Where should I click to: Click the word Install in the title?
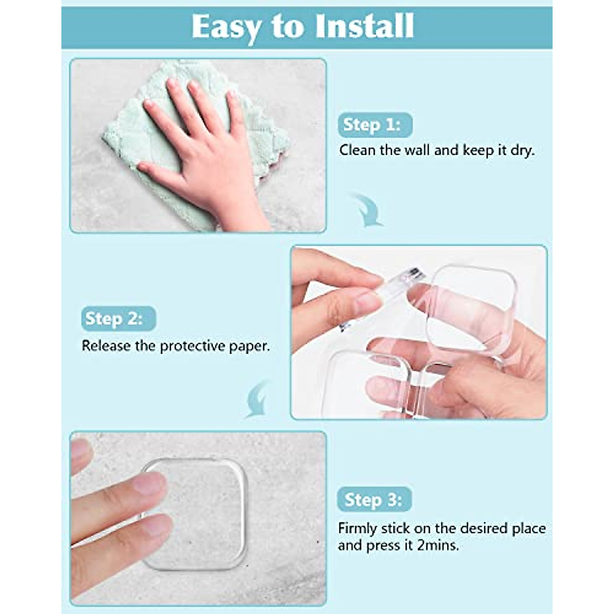[x=364, y=26]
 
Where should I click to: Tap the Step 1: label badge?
[x=375, y=125]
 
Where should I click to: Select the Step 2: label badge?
[x=118, y=319]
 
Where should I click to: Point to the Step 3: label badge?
[x=374, y=499]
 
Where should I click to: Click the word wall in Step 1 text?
[x=417, y=150]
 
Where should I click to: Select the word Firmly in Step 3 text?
[x=358, y=528]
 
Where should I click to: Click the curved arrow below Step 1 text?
[x=367, y=210]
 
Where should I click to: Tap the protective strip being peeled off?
[x=404, y=279]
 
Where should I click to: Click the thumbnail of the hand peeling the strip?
[x=368, y=302]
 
